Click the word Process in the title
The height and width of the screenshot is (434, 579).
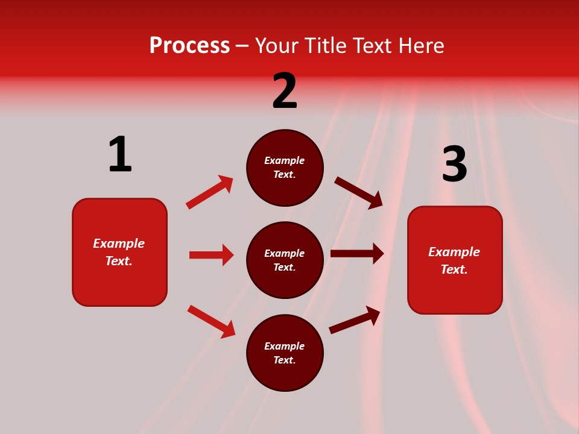(189, 46)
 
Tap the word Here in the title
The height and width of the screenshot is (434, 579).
(420, 46)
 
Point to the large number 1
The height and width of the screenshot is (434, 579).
(120, 154)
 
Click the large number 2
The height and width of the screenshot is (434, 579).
(285, 91)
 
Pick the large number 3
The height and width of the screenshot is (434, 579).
(455, 164)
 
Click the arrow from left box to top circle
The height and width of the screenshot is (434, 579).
(209, 192)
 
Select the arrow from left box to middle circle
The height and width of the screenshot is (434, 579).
(211, 255)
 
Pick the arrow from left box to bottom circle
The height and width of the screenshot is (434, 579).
(211, 322)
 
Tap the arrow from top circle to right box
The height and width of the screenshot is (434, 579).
(358, 192)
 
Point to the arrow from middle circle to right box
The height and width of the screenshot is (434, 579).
(357, 254)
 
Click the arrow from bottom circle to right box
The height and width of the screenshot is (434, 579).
(355, 320)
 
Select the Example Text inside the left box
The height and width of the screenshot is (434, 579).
(119, 252)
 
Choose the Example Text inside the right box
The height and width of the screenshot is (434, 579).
(454, 260)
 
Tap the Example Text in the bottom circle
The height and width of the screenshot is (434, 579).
(285, 353)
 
